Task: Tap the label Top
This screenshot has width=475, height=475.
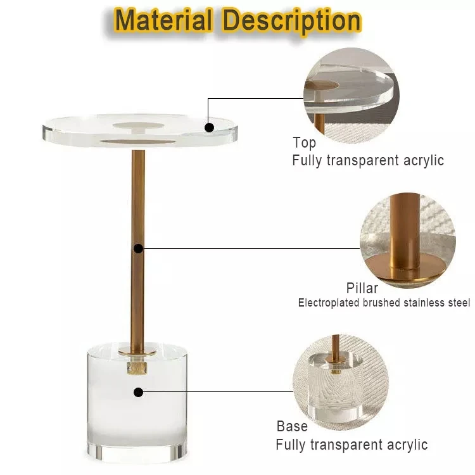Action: click(304, 142)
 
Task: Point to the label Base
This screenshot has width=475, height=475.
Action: click(292, 426)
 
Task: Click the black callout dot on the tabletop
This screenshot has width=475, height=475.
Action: click(209, 127)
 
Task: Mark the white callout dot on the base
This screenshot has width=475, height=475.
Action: click(138, 392)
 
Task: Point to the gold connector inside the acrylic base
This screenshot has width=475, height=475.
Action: click(136, 367)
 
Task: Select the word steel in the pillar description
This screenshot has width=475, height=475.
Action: click(459, 303)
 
